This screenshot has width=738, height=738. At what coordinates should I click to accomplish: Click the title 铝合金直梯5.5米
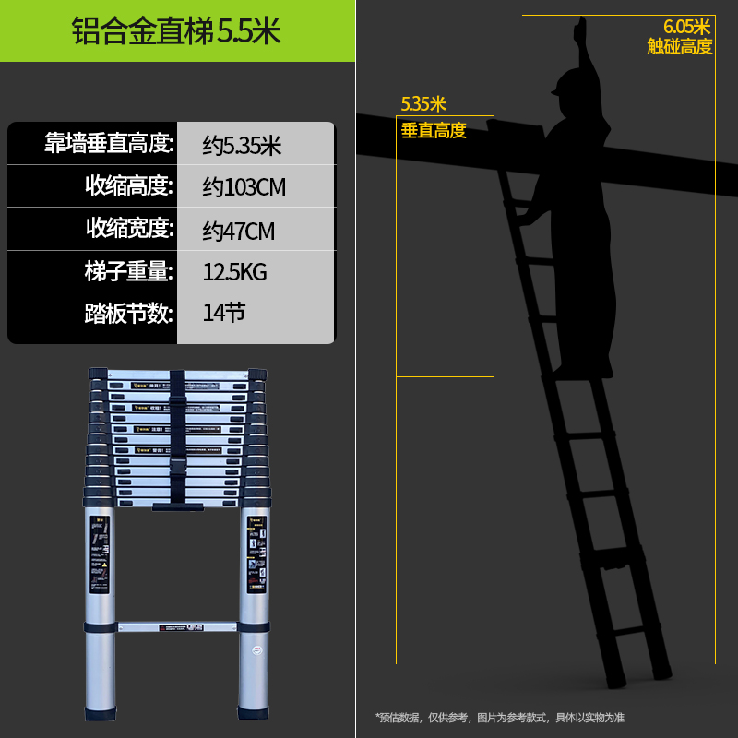[x=176, y=30]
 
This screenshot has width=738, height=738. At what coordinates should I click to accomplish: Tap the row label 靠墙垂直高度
[x=110, y=144]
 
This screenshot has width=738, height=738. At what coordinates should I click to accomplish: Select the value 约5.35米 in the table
[x=242, y=145]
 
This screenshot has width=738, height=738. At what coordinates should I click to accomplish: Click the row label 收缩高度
[x=129, y=186]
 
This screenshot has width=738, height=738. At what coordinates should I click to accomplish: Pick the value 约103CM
[x=244, y=187]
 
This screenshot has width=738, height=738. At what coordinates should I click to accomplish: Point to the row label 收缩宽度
[x=129, y=229]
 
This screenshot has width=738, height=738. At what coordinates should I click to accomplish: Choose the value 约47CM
[x=239, y=230]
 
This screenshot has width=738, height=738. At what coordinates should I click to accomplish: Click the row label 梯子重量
[x=129, y=271]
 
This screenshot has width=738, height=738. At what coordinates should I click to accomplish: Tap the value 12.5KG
[x=235, y=272]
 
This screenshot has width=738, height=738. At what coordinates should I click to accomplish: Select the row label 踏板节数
[x=129, y=314]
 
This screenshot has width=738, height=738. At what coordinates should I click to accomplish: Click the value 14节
[x=224, y=314]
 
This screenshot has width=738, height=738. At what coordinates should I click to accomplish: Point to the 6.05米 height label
[x=687, y=27]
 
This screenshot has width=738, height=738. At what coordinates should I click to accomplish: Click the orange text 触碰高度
[x=680, y=46]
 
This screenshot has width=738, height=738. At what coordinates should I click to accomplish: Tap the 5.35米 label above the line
[x=423, y=103]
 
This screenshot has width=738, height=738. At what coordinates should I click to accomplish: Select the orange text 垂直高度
[x=434, y=131]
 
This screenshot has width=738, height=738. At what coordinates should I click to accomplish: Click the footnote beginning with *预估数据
[x=499, y=717]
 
